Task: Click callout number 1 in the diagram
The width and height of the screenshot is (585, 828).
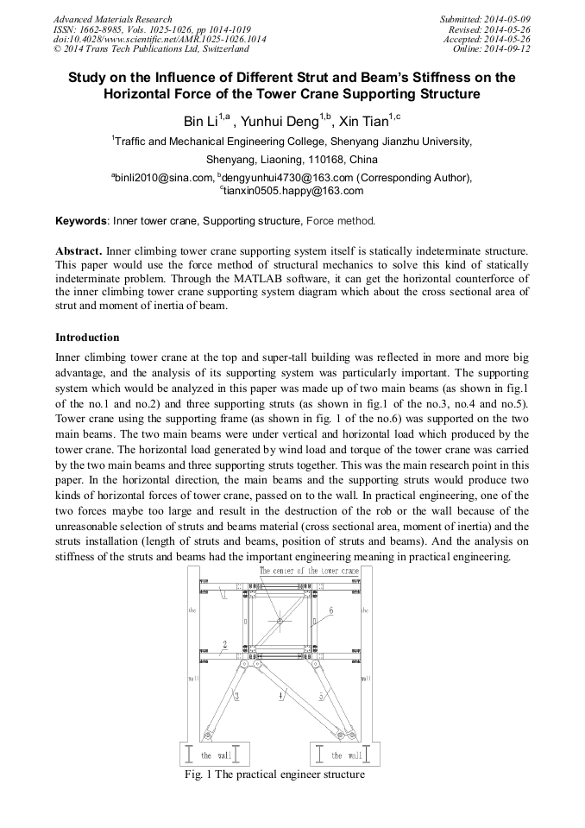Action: point(223,594)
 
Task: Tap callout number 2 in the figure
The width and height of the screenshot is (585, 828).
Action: point(224,644)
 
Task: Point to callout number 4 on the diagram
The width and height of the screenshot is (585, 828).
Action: point(280,696)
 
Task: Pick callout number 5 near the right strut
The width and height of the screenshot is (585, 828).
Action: point(321,695)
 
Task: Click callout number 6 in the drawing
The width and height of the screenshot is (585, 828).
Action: point(331,610)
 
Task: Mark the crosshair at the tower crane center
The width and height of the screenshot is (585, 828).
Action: point(279,620)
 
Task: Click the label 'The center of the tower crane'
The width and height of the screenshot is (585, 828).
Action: point(297,572)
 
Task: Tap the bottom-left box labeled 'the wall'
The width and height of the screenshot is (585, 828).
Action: point(213,754)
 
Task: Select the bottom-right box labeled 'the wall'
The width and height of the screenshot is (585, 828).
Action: point(344,754)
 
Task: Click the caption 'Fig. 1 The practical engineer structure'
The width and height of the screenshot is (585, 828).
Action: point(274,774)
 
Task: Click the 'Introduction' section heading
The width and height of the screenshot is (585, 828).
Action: point(87,337)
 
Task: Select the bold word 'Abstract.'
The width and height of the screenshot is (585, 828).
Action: point(79,250)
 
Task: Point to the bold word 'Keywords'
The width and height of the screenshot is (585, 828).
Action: point(82,221)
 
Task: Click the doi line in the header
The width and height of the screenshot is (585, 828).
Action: point(160,39)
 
